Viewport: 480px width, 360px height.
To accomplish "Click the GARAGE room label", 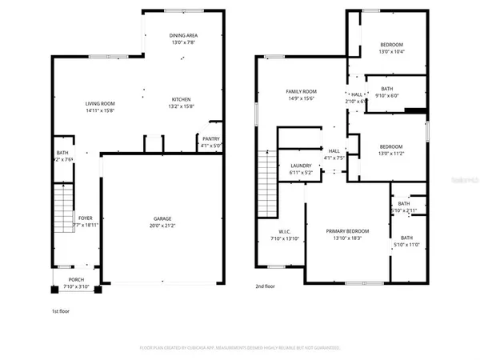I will click(162, 218).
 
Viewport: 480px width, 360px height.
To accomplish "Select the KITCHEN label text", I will click(181, 100).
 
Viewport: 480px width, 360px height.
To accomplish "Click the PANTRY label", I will click(210, 138).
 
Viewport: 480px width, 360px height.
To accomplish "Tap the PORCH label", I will click(76, 279).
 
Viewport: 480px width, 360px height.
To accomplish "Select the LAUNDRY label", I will click(301, 165).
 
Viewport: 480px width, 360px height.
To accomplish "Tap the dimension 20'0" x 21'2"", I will click(162, 226).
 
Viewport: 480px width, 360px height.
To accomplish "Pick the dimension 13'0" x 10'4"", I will click(391, 51).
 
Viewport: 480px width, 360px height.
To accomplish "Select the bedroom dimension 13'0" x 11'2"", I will click(391, 154).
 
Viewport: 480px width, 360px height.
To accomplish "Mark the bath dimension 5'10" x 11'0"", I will click(406, 244).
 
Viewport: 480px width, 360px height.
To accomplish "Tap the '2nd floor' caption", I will click(265, 286).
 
